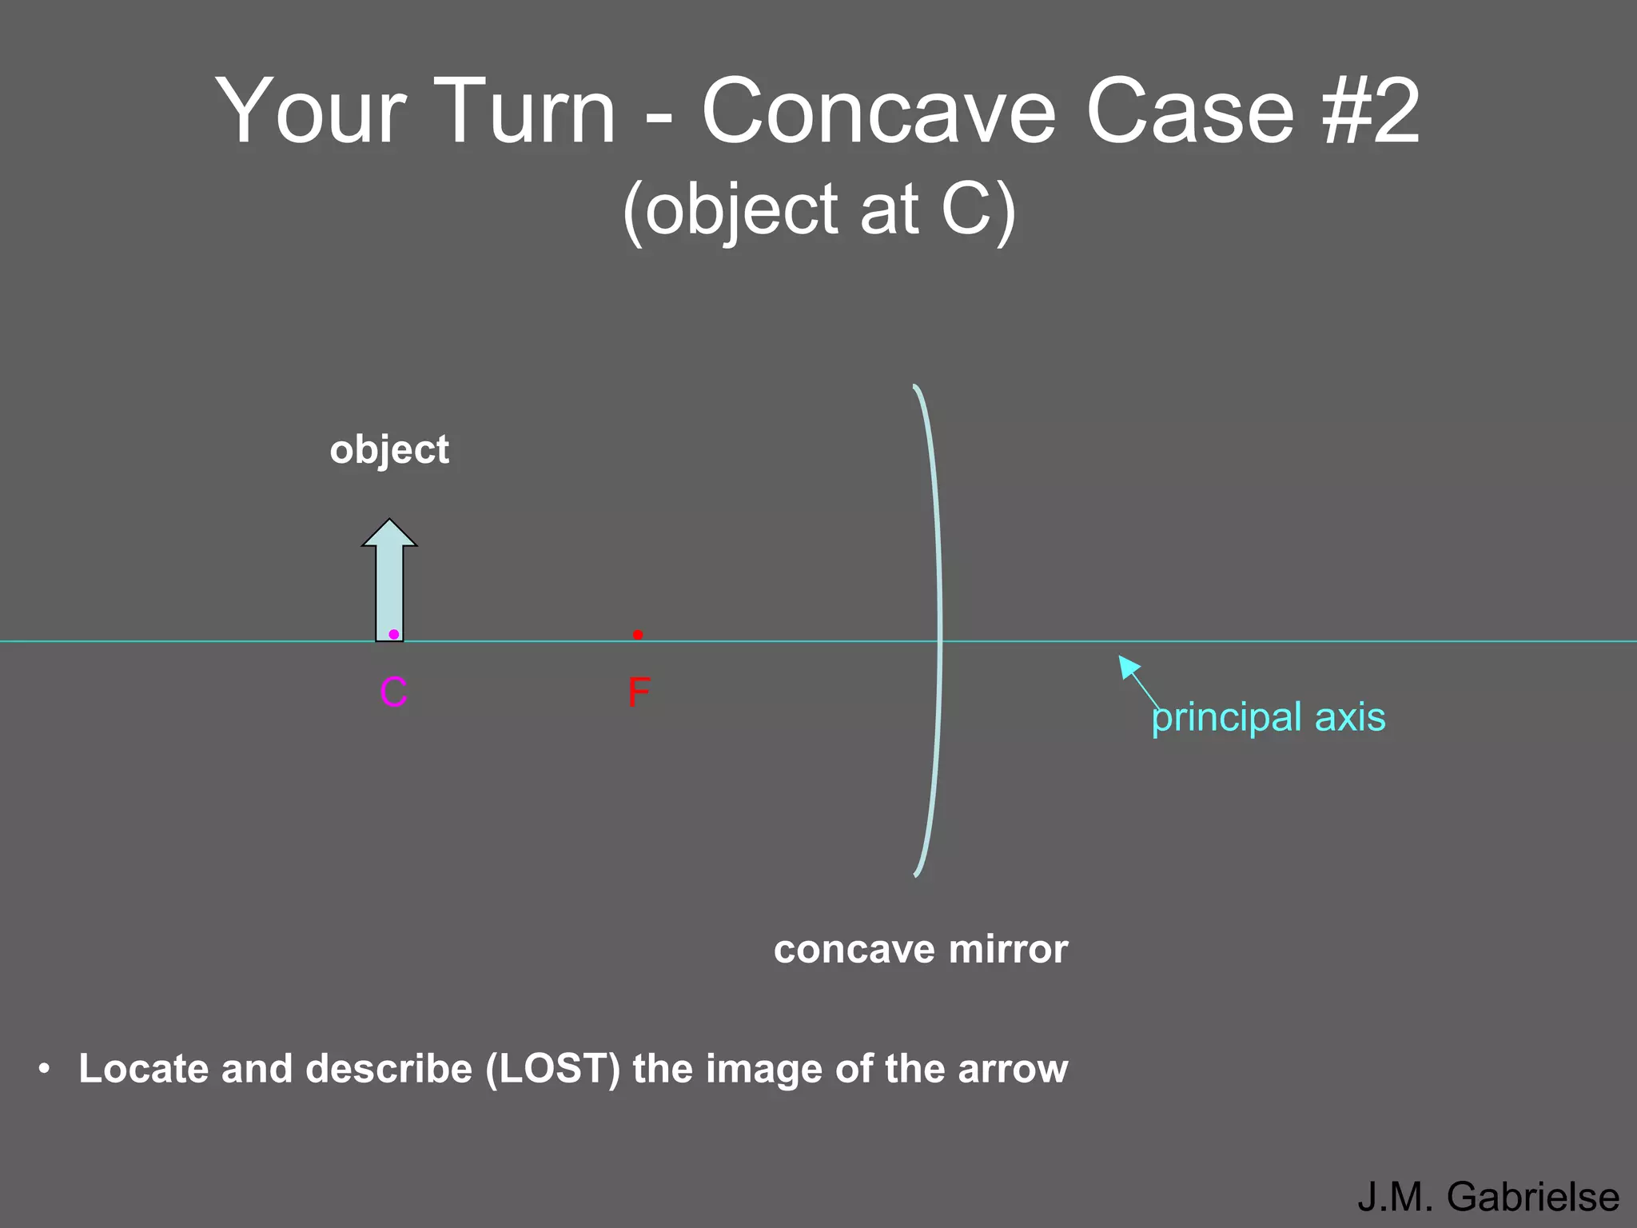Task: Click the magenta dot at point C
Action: point(394,634)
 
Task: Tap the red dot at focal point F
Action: point(638,635)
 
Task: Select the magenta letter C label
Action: point(394,692)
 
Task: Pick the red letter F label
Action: point(639,692)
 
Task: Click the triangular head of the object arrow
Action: point(389,534)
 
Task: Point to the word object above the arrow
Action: point(389,449)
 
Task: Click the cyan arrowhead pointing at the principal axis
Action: point(1127,664)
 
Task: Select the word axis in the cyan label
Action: point(1350,717)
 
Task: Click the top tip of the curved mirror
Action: point(916,388)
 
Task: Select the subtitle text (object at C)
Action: point(818,209)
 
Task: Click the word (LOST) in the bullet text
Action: point(553,1069)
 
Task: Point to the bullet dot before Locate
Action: point(45,1068)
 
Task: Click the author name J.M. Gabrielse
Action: point(1488,1197)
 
